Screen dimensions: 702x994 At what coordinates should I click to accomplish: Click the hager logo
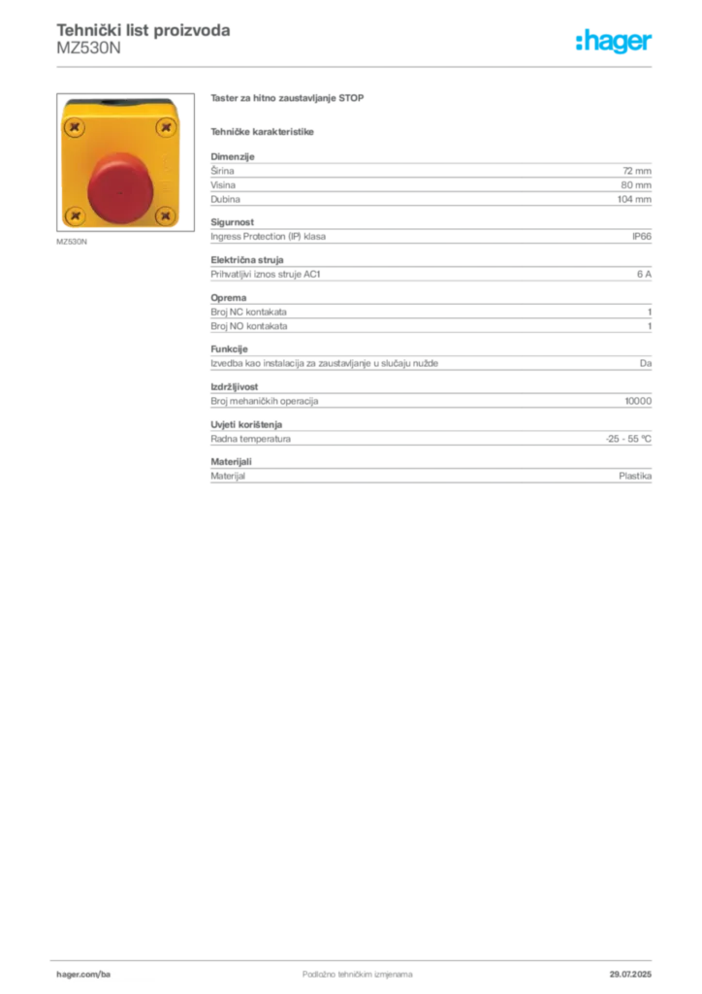[x=614, y=42]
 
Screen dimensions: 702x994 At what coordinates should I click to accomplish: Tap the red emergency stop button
[x=118, y=188]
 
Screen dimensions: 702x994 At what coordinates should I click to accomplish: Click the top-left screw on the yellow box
[x=75, y=127]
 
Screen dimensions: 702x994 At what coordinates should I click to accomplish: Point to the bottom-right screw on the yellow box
[x=166, y=215]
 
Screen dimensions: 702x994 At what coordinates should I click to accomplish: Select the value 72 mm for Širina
[x=637, y=171]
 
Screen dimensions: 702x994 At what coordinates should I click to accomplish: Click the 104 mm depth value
[x=634, y=199]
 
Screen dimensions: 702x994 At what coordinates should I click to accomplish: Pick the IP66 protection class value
[x=641, y=237]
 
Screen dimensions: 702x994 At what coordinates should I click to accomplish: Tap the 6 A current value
[x=644, y=275]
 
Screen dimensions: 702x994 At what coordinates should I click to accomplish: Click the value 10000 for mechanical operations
[x=638, y=401]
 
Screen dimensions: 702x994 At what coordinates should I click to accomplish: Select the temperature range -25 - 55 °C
[x=628, y=439]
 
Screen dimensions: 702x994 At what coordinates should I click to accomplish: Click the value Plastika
[x=635, y=476]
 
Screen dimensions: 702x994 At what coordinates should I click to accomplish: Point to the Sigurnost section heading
[x=233, y=222]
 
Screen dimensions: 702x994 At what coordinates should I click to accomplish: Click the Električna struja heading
[x=247, y=260]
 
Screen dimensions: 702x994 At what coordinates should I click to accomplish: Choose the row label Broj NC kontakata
[x=249, y=312]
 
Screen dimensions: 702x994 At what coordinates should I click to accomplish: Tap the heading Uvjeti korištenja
[x=246, y=425]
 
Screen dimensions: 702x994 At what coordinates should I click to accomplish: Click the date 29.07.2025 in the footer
[x=630, y=975]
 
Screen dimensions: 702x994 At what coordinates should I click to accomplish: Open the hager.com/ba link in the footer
[x=83, y=975]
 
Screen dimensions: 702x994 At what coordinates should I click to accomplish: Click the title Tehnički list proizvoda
[x=144, y=30]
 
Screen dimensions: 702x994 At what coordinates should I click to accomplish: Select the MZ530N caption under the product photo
[x=72, y=242]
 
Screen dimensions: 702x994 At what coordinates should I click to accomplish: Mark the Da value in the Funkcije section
[x=646, y=363]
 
